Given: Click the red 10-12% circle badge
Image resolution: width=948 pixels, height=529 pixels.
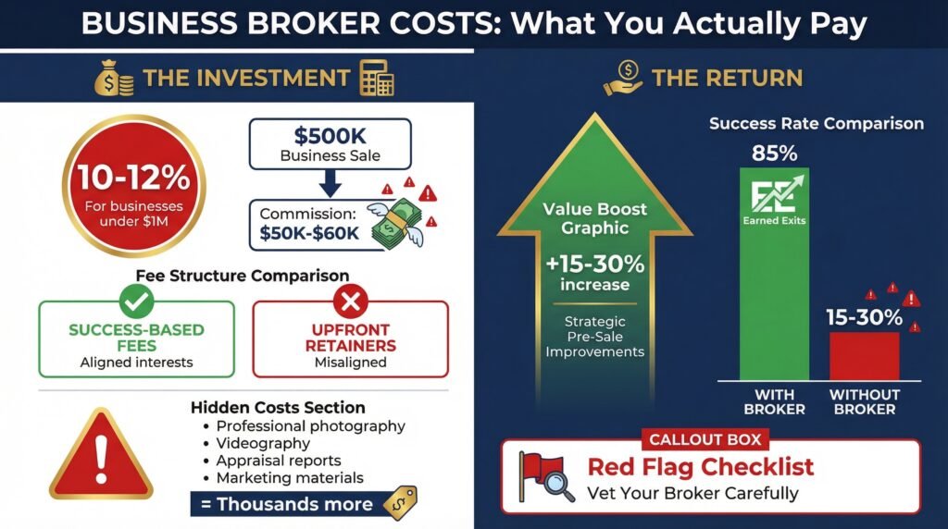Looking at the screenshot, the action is [133, 185].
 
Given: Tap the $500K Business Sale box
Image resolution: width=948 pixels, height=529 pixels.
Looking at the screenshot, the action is [331, 143].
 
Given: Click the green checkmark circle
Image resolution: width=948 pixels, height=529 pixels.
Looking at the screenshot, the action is [136, 301].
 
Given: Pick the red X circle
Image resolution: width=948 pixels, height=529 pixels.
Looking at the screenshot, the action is [351, 301].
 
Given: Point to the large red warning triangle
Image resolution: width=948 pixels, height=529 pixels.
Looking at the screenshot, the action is [101, 454].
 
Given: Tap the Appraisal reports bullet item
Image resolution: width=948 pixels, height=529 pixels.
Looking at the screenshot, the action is [273, 461].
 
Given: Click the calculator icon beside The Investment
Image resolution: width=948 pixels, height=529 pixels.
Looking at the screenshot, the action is [377, 78].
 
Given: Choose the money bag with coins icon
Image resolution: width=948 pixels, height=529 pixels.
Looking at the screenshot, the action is [114, 79].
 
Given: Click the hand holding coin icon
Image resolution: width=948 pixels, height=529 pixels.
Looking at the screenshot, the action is [623, 79].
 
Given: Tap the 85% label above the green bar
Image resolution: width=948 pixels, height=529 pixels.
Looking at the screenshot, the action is [775, 154].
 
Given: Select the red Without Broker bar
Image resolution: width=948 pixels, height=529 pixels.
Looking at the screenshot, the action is [864, 356].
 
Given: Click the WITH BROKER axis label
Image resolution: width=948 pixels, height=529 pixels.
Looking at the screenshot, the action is [775, 402].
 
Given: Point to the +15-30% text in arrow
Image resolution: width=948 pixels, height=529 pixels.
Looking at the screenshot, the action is [595, 264].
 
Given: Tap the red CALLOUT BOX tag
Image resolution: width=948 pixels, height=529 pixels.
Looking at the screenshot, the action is [705, 439].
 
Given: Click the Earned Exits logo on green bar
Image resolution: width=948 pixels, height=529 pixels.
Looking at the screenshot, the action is [775, 201].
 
